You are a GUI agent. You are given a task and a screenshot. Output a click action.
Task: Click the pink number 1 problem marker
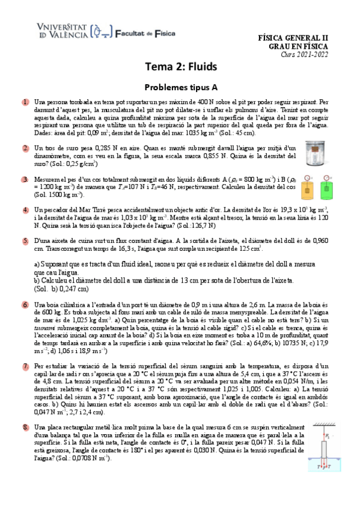(x=26, y=103)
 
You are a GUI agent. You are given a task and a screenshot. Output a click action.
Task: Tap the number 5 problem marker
(x=26, y=241)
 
